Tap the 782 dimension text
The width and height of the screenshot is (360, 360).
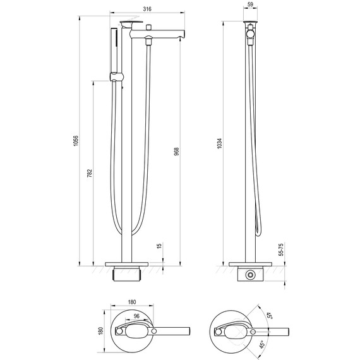(89, 172)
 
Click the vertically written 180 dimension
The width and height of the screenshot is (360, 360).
(98, 330)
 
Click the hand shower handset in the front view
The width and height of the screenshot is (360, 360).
(114, 51)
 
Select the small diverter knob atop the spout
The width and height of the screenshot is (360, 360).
(150, 29)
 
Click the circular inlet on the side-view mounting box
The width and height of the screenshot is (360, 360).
(251, 275)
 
